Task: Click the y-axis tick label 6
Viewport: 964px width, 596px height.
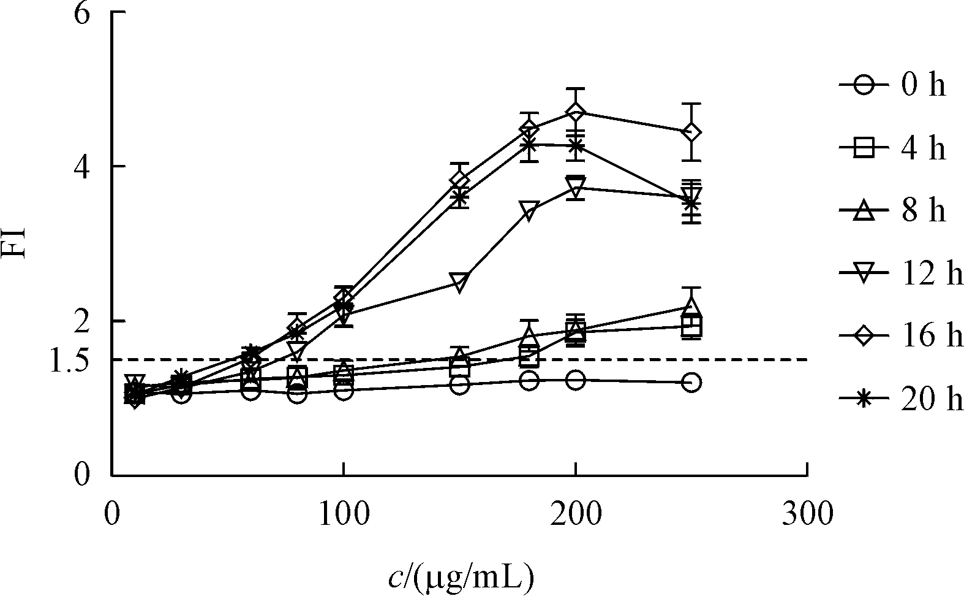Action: [83, 13]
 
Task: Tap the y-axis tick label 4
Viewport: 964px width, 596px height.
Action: [83, 167]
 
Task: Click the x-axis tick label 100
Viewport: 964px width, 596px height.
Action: [343, 514]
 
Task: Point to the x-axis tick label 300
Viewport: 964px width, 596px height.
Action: [807, 514]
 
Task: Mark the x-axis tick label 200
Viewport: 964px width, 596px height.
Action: [575, 514]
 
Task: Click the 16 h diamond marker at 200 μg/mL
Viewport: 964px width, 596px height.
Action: [575, 113]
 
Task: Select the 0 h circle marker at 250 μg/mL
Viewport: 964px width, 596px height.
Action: [691, 383]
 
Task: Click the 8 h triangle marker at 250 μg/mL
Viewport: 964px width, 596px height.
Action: [691, 306]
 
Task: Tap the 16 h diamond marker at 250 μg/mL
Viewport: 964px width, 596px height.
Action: [691, 132]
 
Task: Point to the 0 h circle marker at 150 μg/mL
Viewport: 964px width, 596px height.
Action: [459, 385]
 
